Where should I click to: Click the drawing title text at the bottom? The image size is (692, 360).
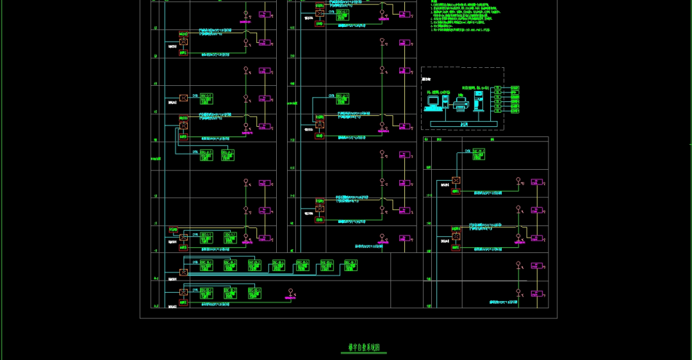(364, 347)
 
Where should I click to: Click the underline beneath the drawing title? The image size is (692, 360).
(364, 352)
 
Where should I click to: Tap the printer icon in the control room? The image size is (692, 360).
(459, 101)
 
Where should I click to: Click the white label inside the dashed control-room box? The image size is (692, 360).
(426, 79)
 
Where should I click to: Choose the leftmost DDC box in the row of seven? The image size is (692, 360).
(206, 265)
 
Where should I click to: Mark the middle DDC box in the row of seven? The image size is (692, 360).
(279, 265)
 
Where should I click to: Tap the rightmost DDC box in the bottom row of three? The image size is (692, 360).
(254, 292)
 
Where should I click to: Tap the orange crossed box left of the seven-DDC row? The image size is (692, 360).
(183, 273)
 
